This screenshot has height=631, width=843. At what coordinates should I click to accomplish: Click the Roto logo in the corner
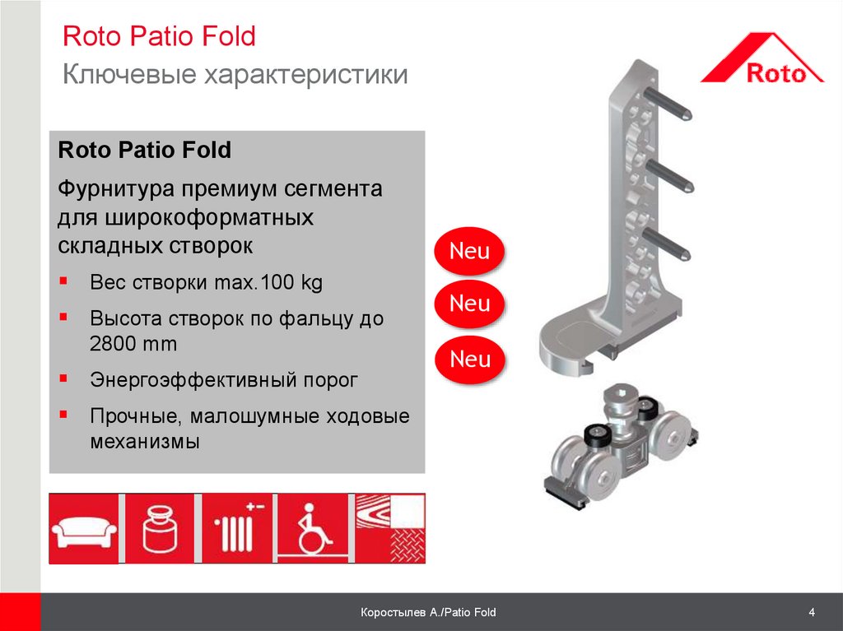[x=761, y=58]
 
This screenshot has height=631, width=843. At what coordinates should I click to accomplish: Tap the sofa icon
[x=84, y=529]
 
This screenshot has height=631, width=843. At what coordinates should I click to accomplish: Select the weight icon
[x=161, y=529]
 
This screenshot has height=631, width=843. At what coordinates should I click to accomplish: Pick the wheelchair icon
[x=314, y=529]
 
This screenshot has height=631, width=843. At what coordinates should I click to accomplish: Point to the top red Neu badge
[x=469, y=251]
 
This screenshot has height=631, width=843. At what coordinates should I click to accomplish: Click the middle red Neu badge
[x=469, y=304]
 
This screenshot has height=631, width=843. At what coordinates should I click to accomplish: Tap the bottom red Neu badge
[x=470, y=359]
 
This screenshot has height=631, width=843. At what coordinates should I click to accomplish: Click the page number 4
[x=812, y=612]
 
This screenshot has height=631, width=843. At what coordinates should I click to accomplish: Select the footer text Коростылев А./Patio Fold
[x=428, y=612]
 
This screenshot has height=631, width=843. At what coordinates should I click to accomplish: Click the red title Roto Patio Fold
[x=159, y=36]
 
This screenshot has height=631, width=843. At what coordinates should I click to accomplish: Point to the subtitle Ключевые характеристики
[x=235, y=74]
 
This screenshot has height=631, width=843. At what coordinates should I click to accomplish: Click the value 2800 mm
[x=133, y=343]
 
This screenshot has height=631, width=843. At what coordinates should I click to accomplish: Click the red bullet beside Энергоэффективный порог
[x=63, y=378]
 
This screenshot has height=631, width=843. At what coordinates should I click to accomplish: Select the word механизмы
[x=145, y=441]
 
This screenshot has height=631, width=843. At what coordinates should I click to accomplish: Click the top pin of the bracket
[x=667, y=103]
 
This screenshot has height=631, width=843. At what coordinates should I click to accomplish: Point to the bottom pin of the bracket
[x=666, y=244]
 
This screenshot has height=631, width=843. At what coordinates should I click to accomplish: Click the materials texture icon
[x=390, y=529]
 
